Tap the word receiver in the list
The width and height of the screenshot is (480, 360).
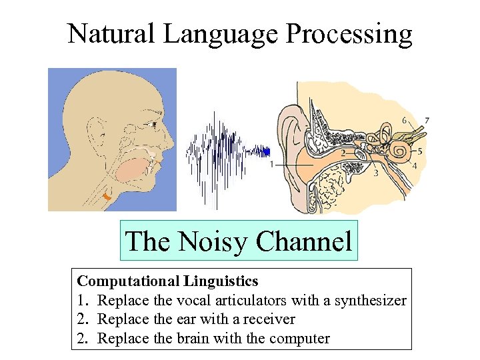[267, 319]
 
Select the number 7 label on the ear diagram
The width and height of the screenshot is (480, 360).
[427, 121]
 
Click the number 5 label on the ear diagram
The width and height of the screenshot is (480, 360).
[419, 151]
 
